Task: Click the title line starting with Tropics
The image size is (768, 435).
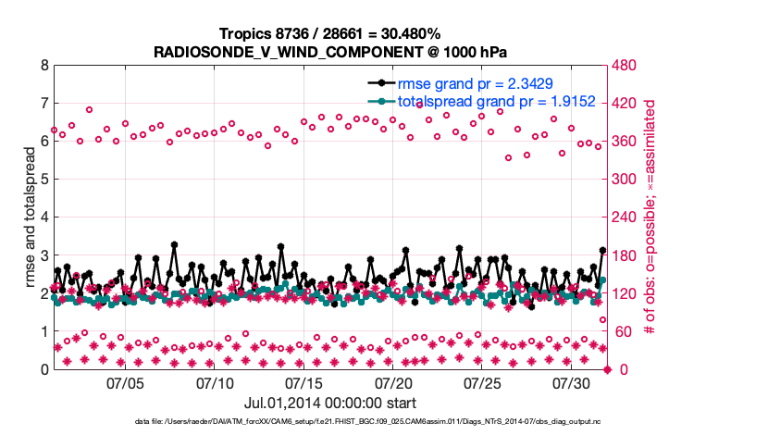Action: (329, 33)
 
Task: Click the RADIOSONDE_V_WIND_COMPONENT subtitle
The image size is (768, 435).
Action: (329, 51)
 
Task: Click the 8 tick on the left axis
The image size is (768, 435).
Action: (43, 67)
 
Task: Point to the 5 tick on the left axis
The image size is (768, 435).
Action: (43, 180)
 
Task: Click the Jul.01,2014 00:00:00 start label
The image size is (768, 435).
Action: (329, 403)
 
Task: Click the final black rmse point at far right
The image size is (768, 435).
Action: (602, 251)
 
